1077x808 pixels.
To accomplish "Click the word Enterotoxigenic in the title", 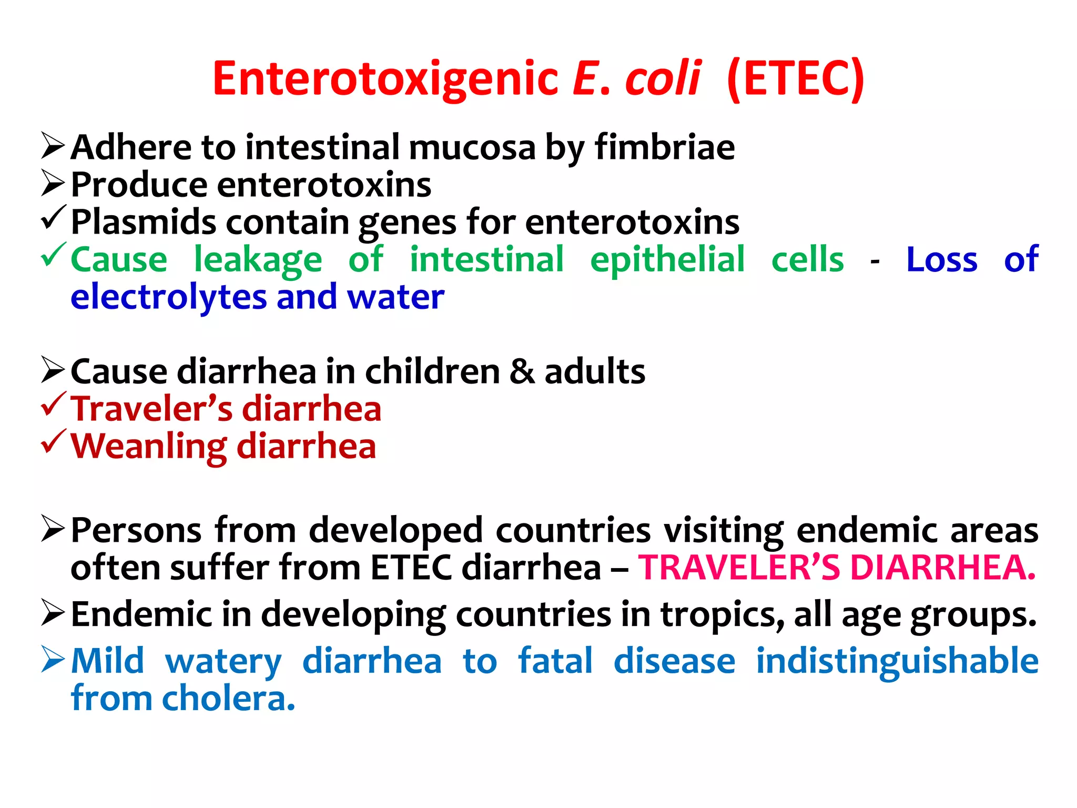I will point(385,79).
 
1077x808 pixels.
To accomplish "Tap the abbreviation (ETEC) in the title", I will point(795,79).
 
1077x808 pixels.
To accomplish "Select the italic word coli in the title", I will point(663,79).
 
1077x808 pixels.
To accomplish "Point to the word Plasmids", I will point(144,222).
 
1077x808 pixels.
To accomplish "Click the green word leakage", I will point(258,260).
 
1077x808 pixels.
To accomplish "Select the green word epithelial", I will point(667,260).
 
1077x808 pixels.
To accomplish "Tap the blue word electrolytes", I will point(168,297).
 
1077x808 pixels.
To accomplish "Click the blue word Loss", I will point(941,260).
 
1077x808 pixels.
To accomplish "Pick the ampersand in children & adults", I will point(522,371).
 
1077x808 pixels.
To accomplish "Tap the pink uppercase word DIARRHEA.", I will point(942,568).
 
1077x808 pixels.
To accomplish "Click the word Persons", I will point(136,530).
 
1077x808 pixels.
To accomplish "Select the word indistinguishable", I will point(897,661).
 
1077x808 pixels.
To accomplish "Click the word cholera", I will point(228,699).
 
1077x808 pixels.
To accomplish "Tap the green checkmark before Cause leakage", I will point(53,255).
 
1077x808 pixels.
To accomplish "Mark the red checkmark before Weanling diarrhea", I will point(53,442).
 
